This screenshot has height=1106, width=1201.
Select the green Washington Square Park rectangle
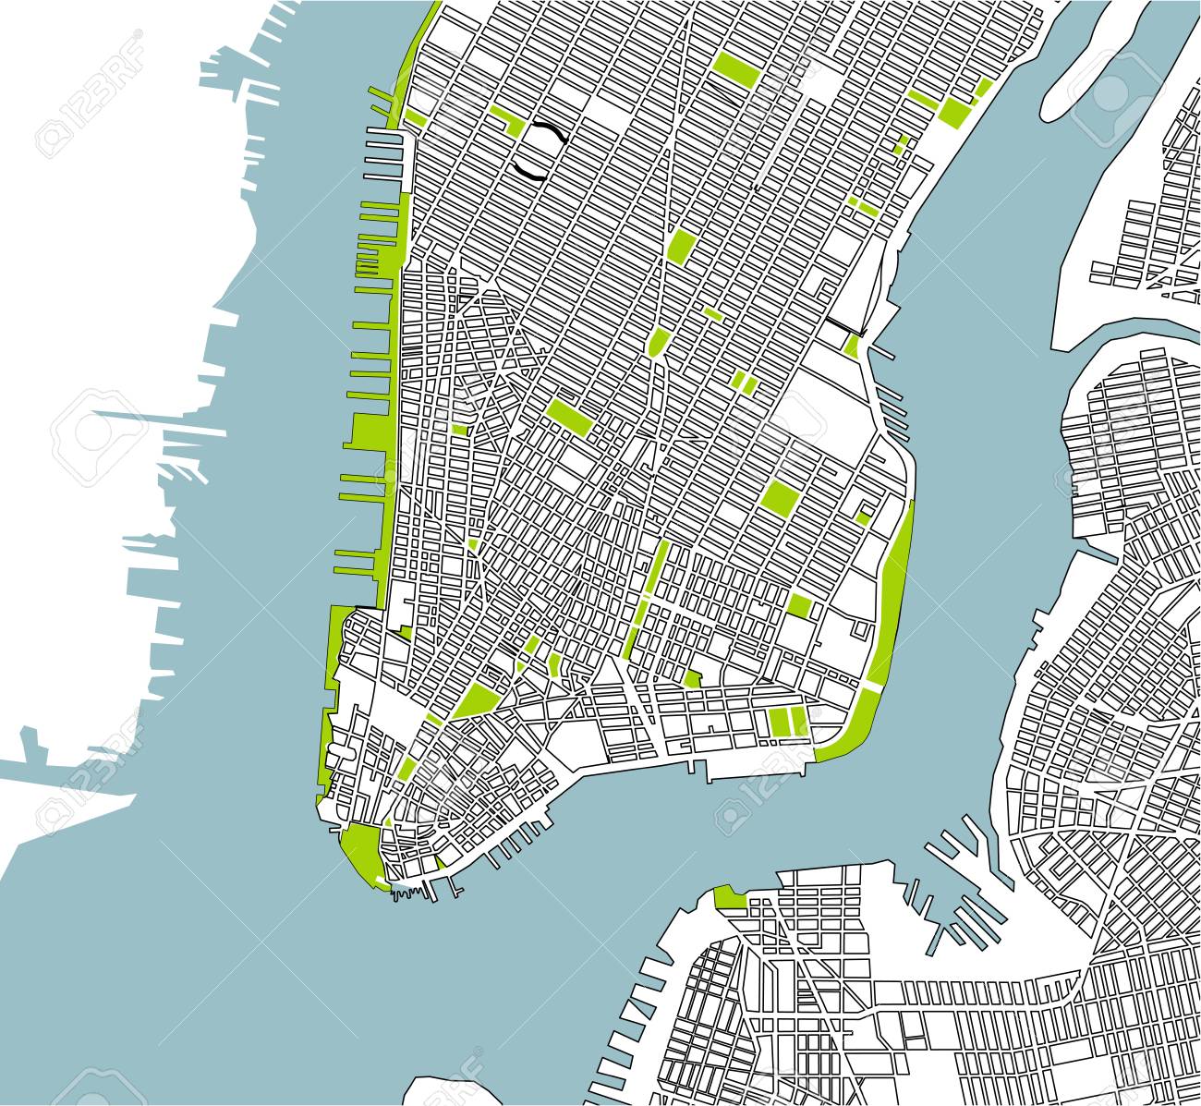pyautogui.click(x=571, y=417)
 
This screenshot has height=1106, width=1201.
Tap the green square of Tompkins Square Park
pyautogui.click(x=781, y=497)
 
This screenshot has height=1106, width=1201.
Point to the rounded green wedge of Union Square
pyautogui.click(x=658, y=343)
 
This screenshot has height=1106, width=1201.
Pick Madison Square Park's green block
pyautogui.click(x=680, y=247)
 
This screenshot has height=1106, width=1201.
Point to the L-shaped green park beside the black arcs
pyautogui.click(x=507, y=120)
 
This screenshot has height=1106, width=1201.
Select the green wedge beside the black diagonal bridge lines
pyautogui.click(x=852, y=346)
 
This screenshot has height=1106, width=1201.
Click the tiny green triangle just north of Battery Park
pyautogui.click(x=389, y=820)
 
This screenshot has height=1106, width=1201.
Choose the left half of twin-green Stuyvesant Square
pyautogui.click(x=738, y=382)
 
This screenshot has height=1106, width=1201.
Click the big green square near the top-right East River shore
pyautogui.click(x=952, y=111)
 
